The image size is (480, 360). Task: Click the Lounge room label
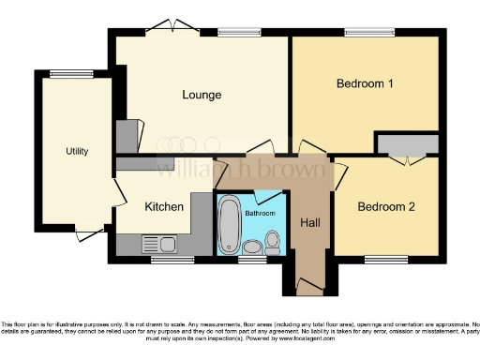coord(202,95)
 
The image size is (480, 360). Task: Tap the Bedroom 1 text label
coord(364,83)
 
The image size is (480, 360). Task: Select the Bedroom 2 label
coord(385,206)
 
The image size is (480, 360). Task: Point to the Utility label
coord(77,151)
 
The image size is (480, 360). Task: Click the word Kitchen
coord(163,206)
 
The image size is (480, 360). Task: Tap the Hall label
coord(309,223)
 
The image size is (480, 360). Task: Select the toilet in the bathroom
coord(273,243)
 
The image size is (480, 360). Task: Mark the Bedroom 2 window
coord(379,258)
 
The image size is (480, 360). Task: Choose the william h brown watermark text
coord(239,171)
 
